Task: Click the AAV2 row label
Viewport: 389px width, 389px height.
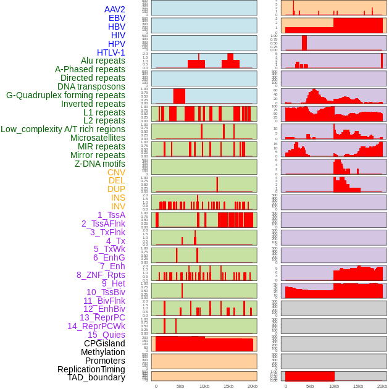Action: [114, 9]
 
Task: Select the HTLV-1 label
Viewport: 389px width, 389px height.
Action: [111, 52]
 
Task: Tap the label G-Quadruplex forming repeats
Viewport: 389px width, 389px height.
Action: [65, 95]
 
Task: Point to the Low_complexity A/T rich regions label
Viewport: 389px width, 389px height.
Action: [62, 129]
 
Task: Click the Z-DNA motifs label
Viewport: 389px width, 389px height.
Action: [99, 164]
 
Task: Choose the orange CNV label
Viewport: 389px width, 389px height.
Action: [116, 172]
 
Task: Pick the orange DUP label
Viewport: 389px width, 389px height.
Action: [116, 189]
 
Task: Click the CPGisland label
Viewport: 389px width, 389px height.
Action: [104, 343]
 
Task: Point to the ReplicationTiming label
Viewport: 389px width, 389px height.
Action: [91, 369]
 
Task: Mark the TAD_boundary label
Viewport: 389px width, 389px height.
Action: [96, 377]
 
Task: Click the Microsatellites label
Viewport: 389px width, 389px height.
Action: [98, 138]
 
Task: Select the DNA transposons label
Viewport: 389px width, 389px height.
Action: [91, 86]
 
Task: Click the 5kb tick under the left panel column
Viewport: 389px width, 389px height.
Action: [180, 386]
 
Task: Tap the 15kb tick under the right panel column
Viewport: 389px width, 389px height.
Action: [358, 386]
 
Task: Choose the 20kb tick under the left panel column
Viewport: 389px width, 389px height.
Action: [252, 386]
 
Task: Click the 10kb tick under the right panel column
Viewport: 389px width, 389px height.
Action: [334, 386]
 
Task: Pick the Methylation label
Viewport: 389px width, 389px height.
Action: [103, 352]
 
